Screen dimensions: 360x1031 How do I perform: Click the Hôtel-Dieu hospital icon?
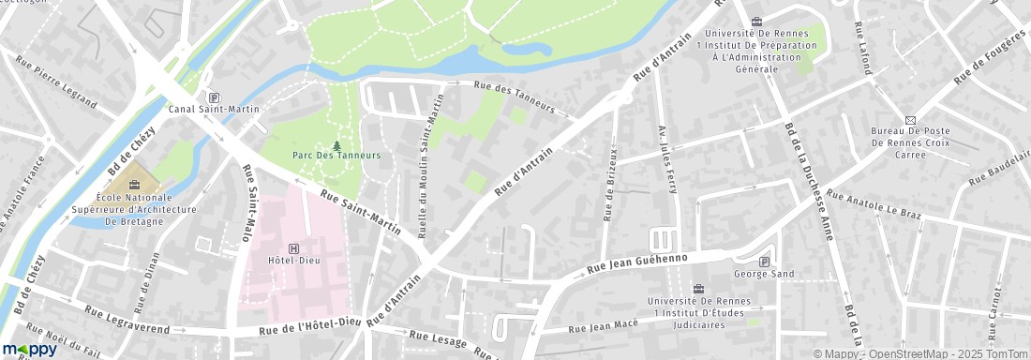coord(295,248)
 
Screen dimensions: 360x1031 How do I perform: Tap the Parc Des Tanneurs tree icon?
coord(336,144)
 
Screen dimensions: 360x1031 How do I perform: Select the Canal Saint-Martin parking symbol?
coord(214,97)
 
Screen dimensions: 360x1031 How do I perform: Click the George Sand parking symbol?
coord(765,262)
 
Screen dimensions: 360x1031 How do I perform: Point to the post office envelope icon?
coord(909,119)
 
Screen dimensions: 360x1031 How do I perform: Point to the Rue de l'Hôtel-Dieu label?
coord(310,327)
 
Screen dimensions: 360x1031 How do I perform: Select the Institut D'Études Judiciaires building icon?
coord(697,289)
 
